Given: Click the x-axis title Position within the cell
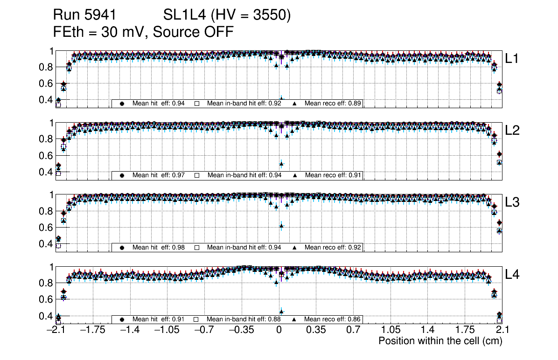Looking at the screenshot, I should click(440, 341).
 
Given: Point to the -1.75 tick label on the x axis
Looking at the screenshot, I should click(92, 330).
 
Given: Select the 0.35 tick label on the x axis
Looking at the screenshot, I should click(315, 330).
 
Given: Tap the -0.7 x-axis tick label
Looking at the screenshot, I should click(204, 330).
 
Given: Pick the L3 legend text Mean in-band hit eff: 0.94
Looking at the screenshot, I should click(244, 247).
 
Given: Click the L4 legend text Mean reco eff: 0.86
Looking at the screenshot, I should click(333, 319).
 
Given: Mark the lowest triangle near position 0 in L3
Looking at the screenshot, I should click(281, 226).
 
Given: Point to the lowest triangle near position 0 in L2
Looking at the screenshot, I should click(281, 164).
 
